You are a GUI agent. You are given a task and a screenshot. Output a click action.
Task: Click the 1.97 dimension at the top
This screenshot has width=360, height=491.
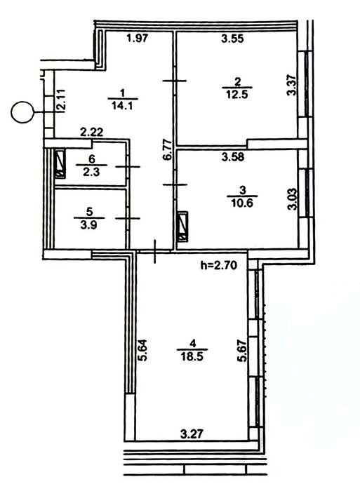pyautogui.click(x=137, y=39)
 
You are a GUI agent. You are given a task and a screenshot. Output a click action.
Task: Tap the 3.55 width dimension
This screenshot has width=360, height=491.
pyautogui.click(x=232, y=39)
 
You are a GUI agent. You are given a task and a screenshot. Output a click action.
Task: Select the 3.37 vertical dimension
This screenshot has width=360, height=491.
pyautogui.click(x=292, y=84)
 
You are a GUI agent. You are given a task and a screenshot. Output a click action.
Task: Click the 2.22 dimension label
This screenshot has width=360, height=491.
pyautogui.click(x=91, y=133)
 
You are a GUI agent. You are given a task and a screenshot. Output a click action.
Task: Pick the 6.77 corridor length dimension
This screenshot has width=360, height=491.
pyautogui.click(x=168, y=149)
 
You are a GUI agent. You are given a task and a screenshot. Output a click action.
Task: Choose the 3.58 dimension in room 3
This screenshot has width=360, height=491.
pyautogui.click(x=233, y=156)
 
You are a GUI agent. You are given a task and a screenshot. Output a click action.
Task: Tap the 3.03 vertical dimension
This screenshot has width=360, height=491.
pyautogui.click(x=292, y=199)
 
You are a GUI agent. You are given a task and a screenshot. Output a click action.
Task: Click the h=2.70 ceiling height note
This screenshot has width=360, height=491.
pyautogui.click(x=219, y=266)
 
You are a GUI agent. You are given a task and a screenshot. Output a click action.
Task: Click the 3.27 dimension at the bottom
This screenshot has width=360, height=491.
pyautogui.click(x=192, y=434)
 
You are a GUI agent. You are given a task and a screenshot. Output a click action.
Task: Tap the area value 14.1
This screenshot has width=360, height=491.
pyautogui.click(x=123, y=105)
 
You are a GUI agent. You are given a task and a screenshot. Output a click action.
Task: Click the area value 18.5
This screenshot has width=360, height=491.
pyautogui.click(x=192, y=356)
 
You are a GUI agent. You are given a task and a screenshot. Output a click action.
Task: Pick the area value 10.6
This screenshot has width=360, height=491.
pyautogui.click(x=242, y=203)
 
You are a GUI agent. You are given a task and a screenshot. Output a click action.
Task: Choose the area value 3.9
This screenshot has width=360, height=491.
pyautogui.click(x=89, y=224)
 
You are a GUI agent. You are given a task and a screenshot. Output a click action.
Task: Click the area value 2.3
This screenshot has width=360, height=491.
pyautogui.click(x=91, y=172)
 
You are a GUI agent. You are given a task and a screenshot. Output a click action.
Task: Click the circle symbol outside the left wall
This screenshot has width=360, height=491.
pyautogui.click(x=22, y=112)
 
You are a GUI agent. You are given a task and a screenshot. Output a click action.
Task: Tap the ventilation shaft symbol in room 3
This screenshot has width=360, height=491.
pyautogui.click(x=182, y=227)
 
